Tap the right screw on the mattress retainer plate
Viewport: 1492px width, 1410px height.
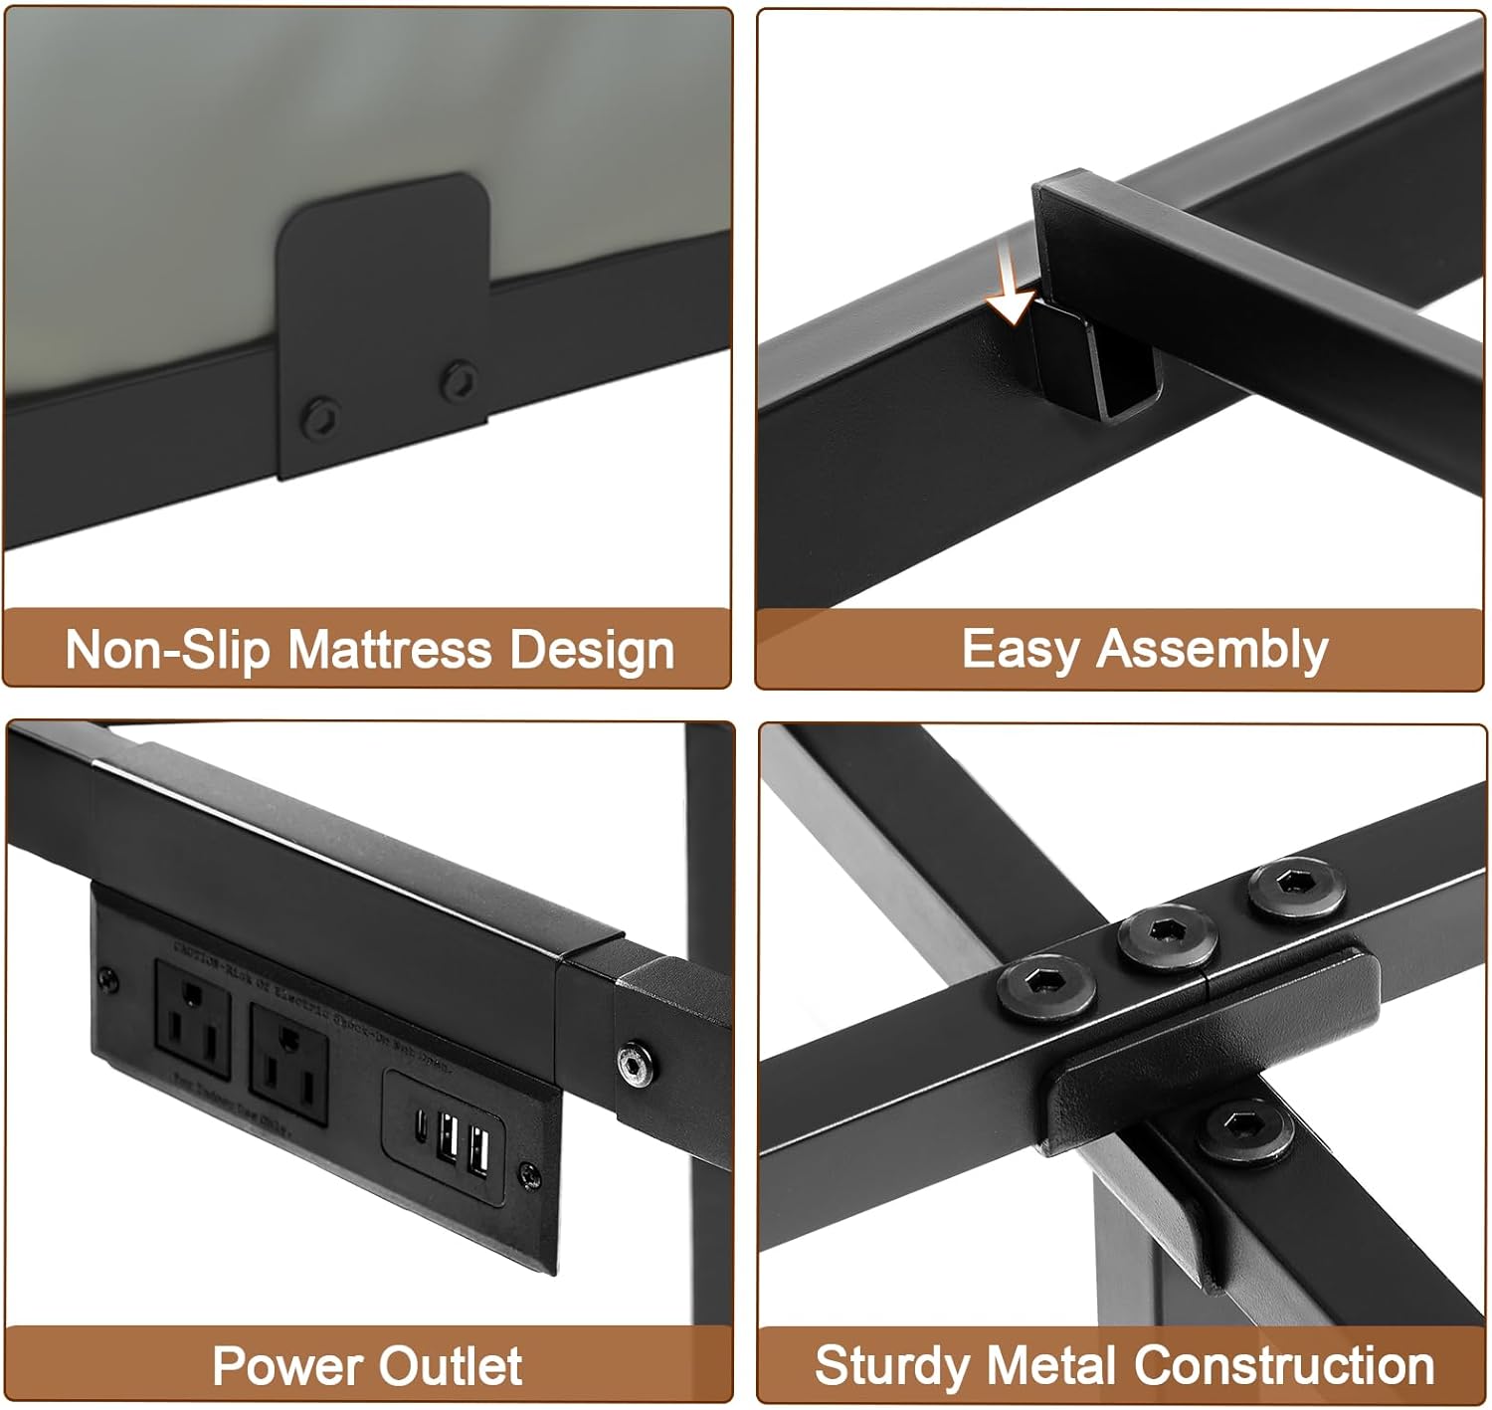[x=459, y=380]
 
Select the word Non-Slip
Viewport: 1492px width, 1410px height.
[x=167, y=650]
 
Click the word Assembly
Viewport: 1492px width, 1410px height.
[x=1212, y=650]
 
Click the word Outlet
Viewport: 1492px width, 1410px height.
[x=456, y=1366]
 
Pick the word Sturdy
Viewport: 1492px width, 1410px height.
[x=891, y=1366]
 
